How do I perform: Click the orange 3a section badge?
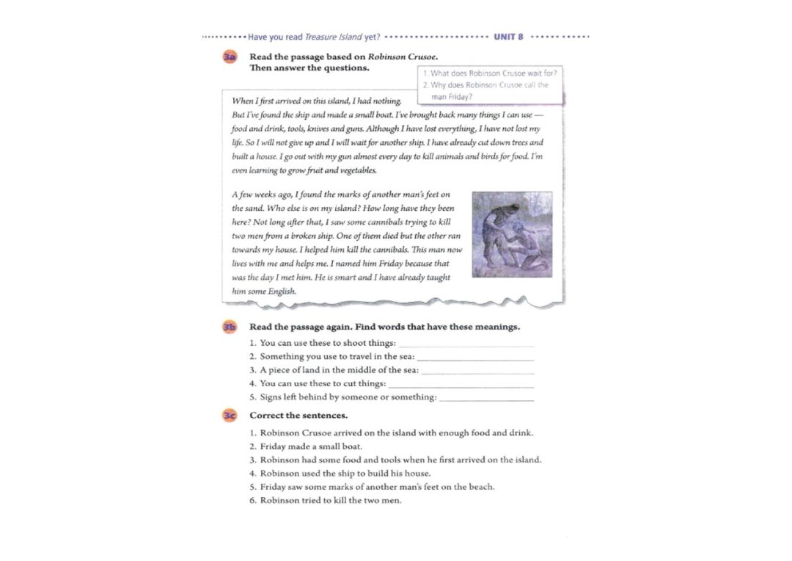point(230,57)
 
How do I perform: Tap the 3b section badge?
point(230,327)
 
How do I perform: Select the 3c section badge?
point(230,416)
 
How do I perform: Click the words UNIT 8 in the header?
point(509,36)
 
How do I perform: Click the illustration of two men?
point(511,234)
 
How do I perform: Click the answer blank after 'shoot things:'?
point(466,343)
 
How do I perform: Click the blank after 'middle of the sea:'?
point(478,370)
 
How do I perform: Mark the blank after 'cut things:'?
point(461,383)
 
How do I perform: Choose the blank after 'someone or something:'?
point(486,397)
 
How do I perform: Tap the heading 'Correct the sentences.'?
point(298,416)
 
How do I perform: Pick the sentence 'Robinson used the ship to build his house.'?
point(345,474)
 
